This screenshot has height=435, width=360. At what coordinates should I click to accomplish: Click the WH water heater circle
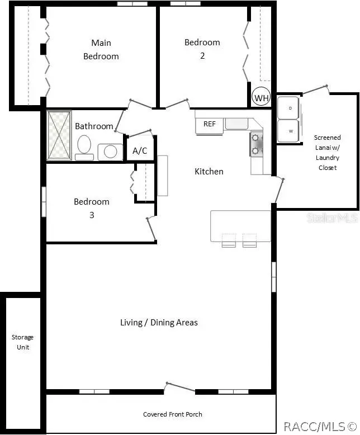tap(261, 97)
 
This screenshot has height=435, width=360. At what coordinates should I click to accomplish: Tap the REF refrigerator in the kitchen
tap(209, 125)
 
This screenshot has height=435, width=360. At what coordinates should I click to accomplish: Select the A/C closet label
tap(140, 150)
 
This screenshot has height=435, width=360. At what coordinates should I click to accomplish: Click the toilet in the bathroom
tap(84, 147)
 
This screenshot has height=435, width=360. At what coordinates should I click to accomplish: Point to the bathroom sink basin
tap(110, 152)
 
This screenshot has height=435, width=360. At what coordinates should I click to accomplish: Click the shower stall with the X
tap(59, 135)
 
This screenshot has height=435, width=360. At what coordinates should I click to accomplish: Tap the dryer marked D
tap(288, 108)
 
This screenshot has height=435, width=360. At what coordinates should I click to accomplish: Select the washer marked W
tap(288, 131)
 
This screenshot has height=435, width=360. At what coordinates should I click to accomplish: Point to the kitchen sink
tap(236, 124)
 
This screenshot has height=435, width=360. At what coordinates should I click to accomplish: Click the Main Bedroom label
tap(101, 50)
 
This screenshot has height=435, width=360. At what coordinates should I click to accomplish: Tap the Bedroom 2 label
tap(202, 49)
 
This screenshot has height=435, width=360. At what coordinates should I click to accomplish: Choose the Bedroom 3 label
tap(92, 208)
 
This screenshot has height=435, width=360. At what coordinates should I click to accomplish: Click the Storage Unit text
tap(23, 342)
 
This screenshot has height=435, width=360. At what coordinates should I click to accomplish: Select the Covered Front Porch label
tap(173, 414)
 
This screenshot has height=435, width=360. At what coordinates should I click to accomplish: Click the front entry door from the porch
tap(180, 387)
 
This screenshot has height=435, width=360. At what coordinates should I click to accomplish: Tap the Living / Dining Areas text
tap(159, 323)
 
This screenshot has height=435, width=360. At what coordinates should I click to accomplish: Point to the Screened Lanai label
tap(327, 143)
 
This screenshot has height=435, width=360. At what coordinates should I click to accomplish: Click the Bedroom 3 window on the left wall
tap(44, 202)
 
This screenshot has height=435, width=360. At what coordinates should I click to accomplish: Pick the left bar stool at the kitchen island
tap(229, 240)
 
